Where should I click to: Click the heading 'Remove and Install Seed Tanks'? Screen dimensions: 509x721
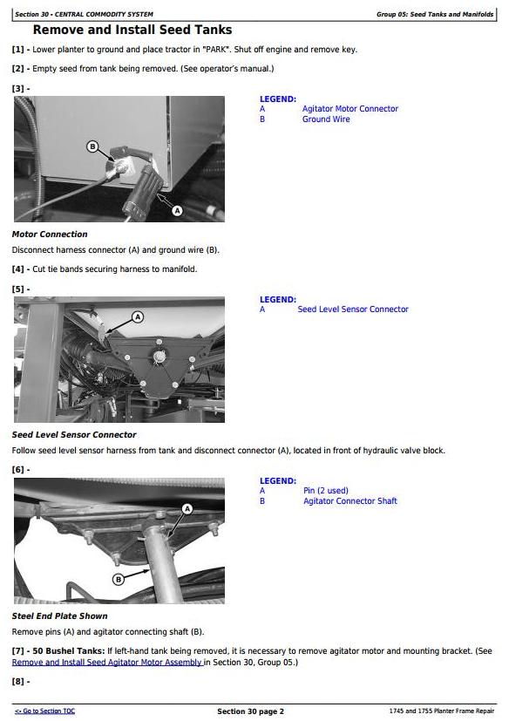132,30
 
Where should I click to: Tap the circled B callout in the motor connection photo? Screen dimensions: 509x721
92,146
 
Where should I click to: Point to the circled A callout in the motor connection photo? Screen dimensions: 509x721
177,211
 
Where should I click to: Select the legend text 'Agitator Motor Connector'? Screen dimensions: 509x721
350,109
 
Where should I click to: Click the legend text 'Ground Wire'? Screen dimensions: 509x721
326,119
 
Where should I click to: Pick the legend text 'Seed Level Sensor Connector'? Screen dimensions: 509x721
353,309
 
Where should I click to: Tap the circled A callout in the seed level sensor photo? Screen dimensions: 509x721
138,316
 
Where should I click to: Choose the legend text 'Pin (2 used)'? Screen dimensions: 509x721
326,491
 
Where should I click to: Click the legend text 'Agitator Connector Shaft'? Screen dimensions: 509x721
350,501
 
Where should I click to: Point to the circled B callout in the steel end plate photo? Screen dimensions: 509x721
119,580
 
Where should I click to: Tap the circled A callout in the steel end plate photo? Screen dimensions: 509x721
187,509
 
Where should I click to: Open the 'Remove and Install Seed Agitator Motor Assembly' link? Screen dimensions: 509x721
107,662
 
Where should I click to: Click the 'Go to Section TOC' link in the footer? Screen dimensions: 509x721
44,711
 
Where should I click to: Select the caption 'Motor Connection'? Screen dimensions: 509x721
50,234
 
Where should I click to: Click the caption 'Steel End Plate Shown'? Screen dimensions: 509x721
60,616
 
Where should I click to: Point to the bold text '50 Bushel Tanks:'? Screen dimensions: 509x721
69,651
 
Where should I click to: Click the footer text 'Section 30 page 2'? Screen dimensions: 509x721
251,711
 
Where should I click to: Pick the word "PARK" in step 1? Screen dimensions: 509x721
218,50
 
